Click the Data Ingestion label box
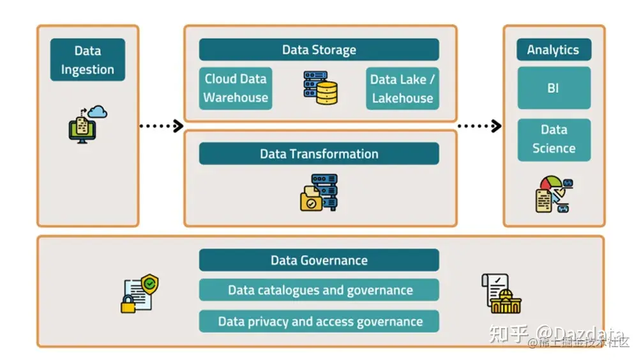pyautogui.click(x=87, y=60)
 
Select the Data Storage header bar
pyautogui.click(x=319, y=50)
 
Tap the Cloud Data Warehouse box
pyautogui.click(x=236, y=89)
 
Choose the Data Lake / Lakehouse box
pyautogui.click(x=402, y=89)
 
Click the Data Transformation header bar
pyautogui.click(x=319, y=154)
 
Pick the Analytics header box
pyautogui.click(x=553, y=50)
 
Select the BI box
pyautogui.click(x=553, y=88)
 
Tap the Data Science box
pyautogui.click(x=554, y=139)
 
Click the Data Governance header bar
pyautogui.click(x=319, y=260)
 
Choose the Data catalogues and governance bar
pyautogui.click(x=319, y=290)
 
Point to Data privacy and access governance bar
pyautogui.click(x=319, y=321)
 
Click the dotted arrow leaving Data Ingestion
pyautogui.click(x=161, y=126)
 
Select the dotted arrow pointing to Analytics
pyautogui.click(x=479, y=126)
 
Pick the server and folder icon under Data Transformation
pyautogui.click(x=319, y=192)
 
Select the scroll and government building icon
pyautogui.click(x=501, y=294)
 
